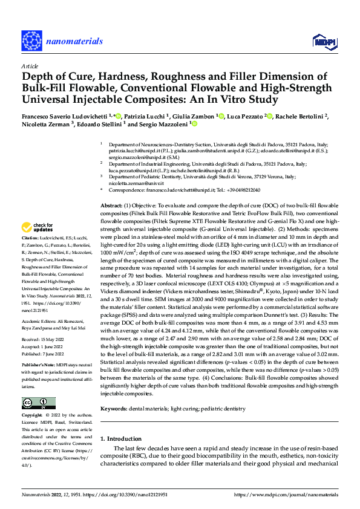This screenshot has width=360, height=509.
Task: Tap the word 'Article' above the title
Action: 29,66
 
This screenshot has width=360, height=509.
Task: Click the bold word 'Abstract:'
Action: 112,206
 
